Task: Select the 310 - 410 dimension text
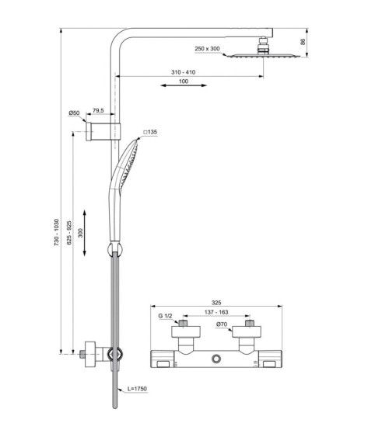click(184, 72)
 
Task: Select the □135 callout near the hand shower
click(149, 133)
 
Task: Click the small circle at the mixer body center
click(215, 359)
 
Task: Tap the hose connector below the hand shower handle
click(114, 250)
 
